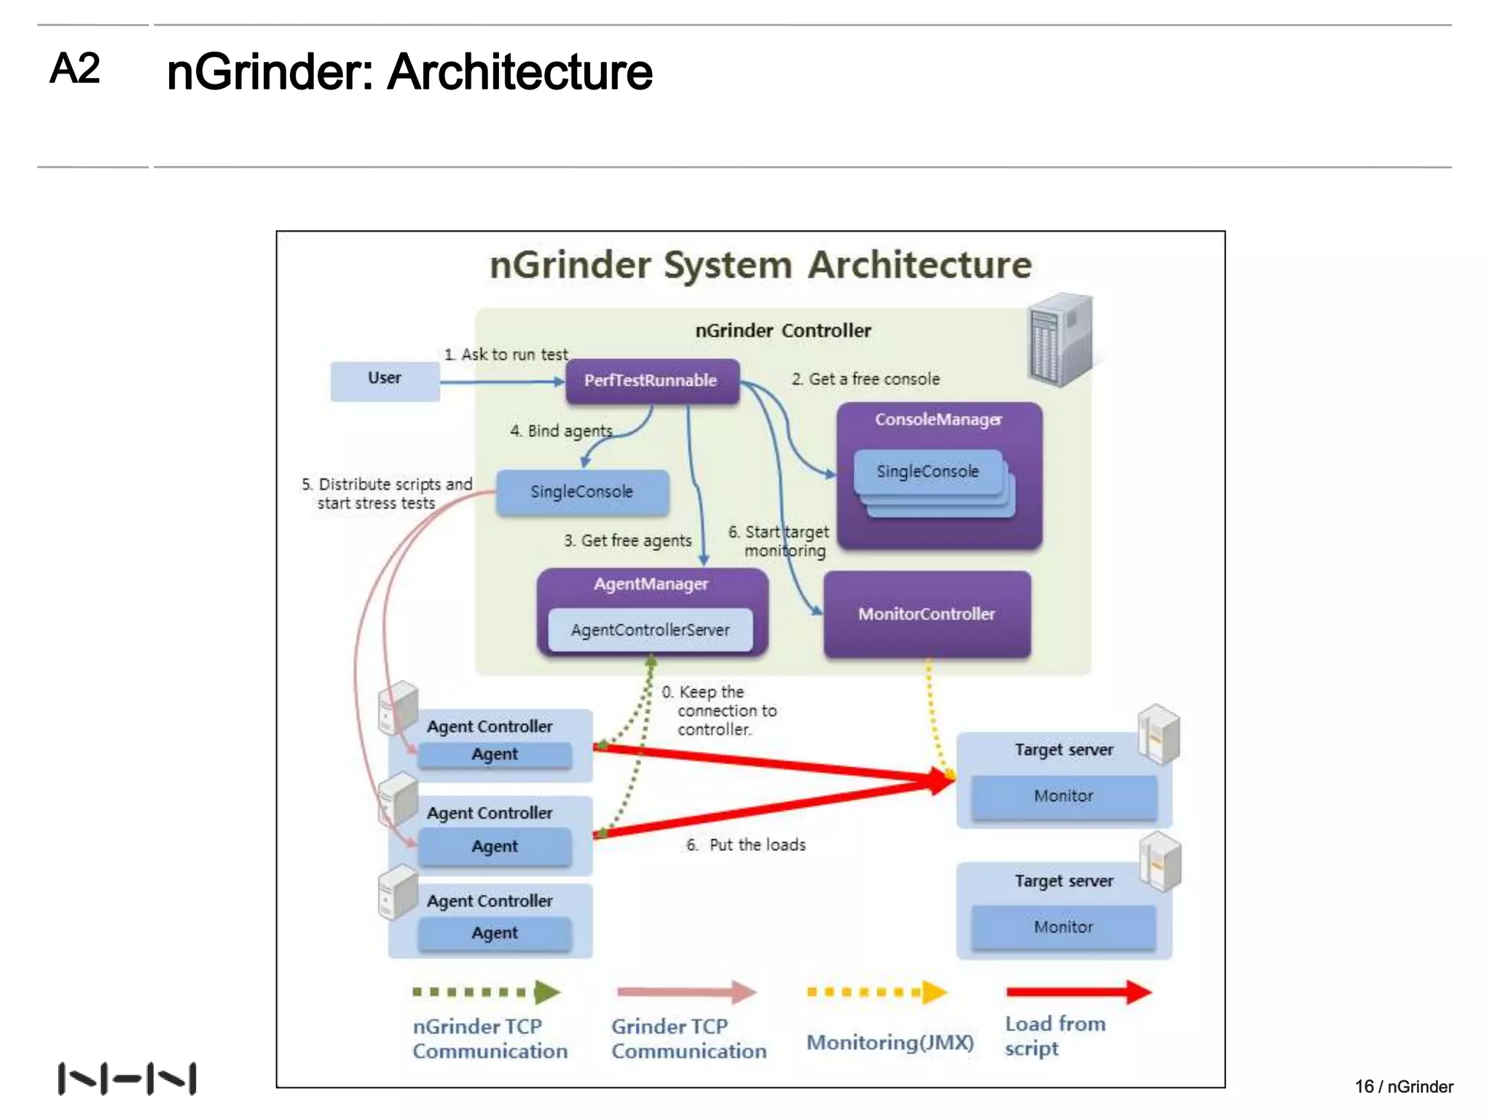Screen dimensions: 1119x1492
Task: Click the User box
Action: pos(385,380)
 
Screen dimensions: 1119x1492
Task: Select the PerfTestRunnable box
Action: pos(651,381)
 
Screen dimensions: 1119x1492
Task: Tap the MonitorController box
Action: pos(927,614)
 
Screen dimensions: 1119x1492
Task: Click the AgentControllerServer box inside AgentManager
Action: pos(650,630)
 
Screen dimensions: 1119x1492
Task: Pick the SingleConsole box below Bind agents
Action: pos(581,492)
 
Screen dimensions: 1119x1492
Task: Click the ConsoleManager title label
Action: pos(938,420)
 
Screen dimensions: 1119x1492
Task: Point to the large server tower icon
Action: pos(1061,339)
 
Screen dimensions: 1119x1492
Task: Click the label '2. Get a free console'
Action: pos(865,379)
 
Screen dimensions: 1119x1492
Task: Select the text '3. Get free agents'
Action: pos(627,541)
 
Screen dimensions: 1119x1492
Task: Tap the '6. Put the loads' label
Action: pos(746,845)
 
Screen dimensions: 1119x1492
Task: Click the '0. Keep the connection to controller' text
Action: pos(720,710)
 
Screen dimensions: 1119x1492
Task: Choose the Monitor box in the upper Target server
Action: pos(1064,796)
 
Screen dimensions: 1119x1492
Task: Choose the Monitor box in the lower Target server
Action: pos(1064,927)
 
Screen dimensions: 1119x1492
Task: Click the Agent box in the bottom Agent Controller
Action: pos(495,933)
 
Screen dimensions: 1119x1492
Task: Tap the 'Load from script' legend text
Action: pos(1054,1035)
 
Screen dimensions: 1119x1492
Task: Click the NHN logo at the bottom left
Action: pos(127,1078)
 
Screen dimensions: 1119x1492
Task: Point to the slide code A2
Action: pos(74,68)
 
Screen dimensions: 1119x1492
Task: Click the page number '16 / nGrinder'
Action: pos(1403,1086)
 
